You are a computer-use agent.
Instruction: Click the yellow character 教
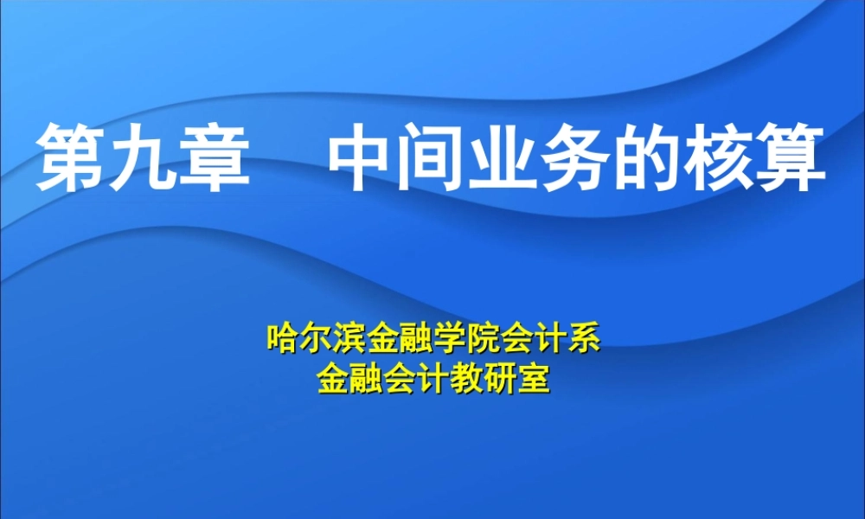[466, 377]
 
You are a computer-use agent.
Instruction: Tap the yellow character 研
[500, 377]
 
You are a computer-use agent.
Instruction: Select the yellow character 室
[533, 377]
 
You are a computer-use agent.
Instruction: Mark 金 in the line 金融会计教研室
[333, 377]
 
